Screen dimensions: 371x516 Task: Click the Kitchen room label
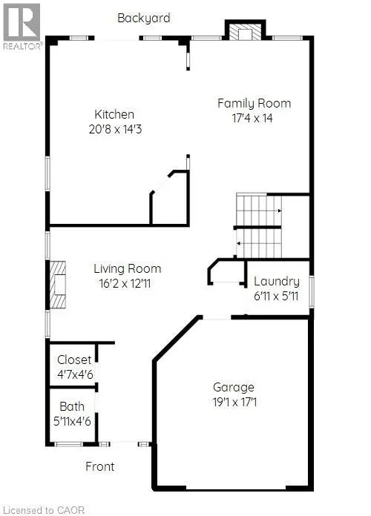[114, 114]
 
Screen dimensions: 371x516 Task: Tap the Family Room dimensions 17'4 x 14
[252, 118]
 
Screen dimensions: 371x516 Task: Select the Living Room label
[128, 269]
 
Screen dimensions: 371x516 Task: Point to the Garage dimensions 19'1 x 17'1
[234, 402]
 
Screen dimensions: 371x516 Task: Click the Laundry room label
[277, 282]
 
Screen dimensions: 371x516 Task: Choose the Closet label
[74, 360]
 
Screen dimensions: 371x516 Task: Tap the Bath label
[72, 406]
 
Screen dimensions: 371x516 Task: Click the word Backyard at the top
[144, 18]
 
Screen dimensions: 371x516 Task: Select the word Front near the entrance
[100, 466]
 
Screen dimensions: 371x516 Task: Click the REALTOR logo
[22, 27]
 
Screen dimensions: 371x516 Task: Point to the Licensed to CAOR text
[42, 510]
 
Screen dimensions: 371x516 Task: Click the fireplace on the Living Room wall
[58, 285]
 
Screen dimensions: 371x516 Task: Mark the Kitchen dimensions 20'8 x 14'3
[115, 129]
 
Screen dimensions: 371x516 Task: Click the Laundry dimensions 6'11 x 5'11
[276, 296]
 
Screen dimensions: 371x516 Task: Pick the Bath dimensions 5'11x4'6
[72, 421]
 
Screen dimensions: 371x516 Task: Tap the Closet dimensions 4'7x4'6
[75, 374]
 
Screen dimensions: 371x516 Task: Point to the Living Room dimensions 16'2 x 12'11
[125, 283]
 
